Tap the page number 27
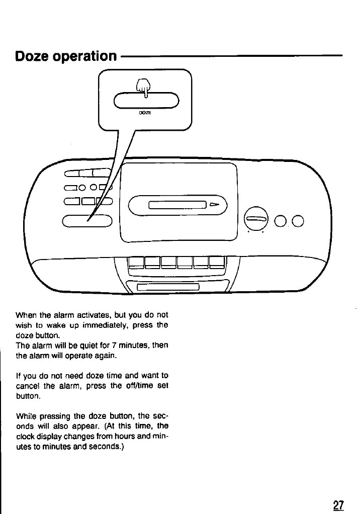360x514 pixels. point(338,504)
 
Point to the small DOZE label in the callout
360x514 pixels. point(145,114)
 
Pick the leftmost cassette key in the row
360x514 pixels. point(136,263)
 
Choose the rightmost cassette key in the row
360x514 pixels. point(217,263)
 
